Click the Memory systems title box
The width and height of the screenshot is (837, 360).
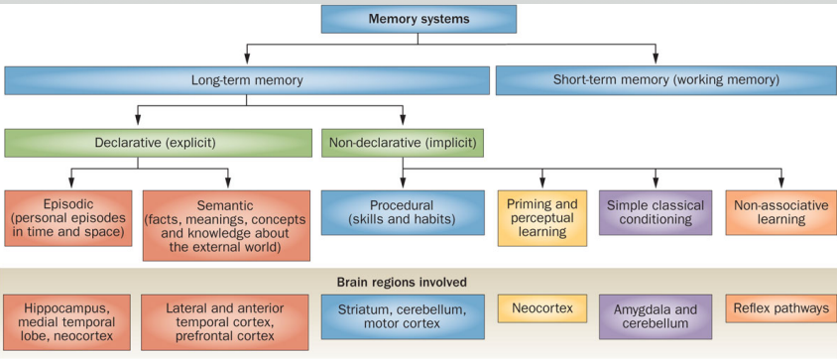[418, 19]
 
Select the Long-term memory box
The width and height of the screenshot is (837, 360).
[246, 80]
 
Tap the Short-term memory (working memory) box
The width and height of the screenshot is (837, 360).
[664, 80]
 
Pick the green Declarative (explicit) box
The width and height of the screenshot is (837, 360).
[155, 142]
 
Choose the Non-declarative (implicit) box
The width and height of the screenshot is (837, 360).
[402, 142]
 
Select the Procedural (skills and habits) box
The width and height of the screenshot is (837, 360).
[402, 211]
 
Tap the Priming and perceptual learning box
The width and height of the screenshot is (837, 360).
[541, 218]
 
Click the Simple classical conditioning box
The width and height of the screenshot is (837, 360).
[655, 212]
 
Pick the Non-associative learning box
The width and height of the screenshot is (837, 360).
[779, 212]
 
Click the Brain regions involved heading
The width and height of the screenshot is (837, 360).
[418, 282]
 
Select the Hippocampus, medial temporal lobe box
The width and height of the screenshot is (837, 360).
[67, 322]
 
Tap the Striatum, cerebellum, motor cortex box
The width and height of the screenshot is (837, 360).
[402, 316]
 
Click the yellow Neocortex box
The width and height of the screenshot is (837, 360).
[541, 308]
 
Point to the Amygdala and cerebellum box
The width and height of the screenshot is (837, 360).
[655, 316]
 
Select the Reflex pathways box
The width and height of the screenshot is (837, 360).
[779, 308]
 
